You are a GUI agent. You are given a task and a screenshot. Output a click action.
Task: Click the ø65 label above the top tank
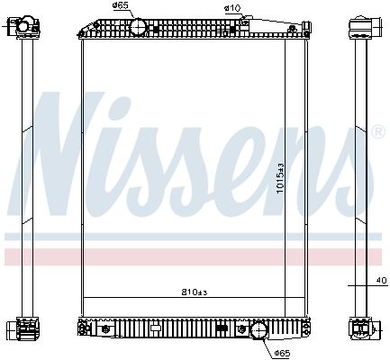click(x=122, y=8)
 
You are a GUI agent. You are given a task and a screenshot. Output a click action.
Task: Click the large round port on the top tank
click(x=138, y=27)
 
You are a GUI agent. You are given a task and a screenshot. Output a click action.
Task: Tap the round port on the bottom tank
click(x=259, y=330)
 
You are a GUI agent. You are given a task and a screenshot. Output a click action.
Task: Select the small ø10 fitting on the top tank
click(x=239, y=24)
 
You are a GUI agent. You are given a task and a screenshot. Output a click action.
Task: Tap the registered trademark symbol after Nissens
click(x=376, y=130)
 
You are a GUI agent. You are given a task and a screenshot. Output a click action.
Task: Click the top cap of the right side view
click(x=357, y=25)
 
